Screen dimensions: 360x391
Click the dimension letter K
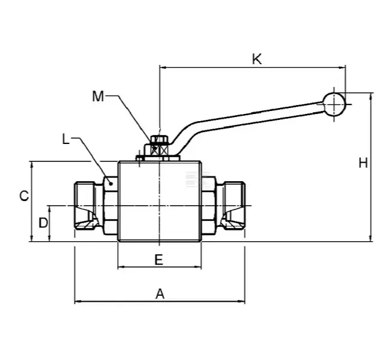tap(256, 59)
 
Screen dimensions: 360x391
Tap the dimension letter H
tap(363, 163)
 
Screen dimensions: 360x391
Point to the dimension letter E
tap(159, 259)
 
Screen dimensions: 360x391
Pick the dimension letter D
tap(43, 223)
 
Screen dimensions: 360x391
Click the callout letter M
tap(99, 95)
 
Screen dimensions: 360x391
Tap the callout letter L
tap(66, 140)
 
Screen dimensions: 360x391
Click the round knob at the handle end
tap(333, 104)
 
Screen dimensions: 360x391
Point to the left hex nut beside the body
tap(111, 206)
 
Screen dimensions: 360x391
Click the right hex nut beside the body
tap(208, 206)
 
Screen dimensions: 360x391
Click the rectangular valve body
tap(159, 201)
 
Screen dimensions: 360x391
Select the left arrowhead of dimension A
tap(77, 301)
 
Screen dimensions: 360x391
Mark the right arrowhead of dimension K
tap(343, 67)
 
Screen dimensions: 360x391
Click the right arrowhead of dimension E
tap(199, 267)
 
